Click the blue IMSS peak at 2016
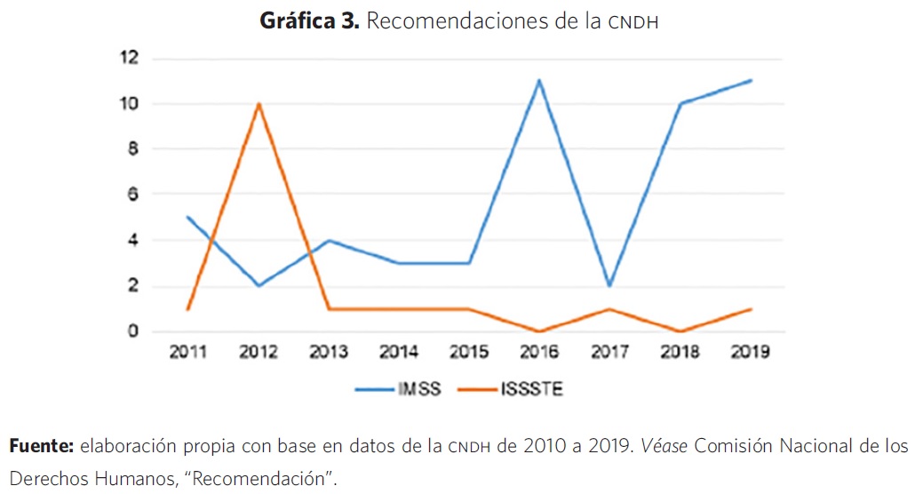pos(539,81)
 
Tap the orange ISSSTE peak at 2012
pos(258,104)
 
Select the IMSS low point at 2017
pos(609,285)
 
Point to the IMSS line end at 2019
pos(751,81)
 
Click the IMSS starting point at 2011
pos(187,217)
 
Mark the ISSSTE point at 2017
pos(609,308)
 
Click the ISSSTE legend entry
pos(513,389)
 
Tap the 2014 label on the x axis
pos(399,352)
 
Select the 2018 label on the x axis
pos(680,352)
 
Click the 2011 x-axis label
pos(187,352)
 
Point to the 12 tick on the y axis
pos(131,58)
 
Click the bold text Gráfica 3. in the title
pos(309,21)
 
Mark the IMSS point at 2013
pos(328,240)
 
